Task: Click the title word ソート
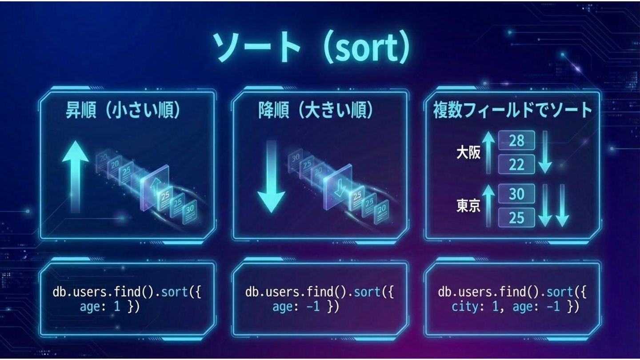tap(256, 47)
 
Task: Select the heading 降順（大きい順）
tap(316, 111)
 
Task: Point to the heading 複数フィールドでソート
tap(512, 111)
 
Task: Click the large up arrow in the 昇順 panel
tap(76, 176)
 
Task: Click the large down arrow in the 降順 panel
tap(271, 176)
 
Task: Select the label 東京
tap(468, 206)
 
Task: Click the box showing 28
tap(516, 141)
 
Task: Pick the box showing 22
tap(516, 165)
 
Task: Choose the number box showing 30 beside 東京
tap(516, 194)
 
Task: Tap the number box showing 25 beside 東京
tap(516, 218)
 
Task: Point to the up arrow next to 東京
tap(489, 206)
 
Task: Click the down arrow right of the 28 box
tap(545, 153)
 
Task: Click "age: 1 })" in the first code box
tap(109, 307)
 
